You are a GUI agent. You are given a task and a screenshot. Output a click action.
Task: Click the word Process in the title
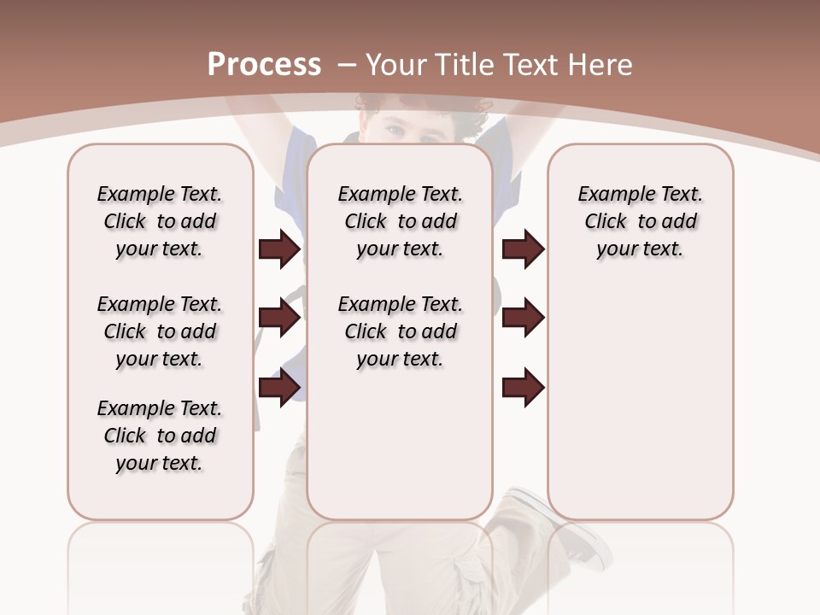click(x=264, y=64)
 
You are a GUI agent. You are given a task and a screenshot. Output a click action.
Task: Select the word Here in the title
click(x=601, y=64)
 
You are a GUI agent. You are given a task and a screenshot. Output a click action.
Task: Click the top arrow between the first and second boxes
click(x=279, y=249)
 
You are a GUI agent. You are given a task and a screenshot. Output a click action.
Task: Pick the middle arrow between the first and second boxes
click(x=279, y=318)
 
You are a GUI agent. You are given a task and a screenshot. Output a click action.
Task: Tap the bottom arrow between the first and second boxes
click(x=279, y=387)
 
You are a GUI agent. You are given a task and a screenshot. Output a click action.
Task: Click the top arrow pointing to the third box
click(x=524, y=249)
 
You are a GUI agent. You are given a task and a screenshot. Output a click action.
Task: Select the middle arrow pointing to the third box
click(x=524, y=318)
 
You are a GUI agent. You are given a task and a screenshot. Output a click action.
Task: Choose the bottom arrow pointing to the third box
click(x=524, y=387)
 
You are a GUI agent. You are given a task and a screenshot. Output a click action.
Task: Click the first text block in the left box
click(x=160, y=221)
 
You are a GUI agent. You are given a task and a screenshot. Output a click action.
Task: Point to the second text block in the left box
click(x=160, y=331)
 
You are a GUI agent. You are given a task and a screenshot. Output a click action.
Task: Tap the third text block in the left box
click(x=160, y=436)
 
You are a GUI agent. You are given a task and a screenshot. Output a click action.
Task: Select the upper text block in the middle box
click(x=400, y=221)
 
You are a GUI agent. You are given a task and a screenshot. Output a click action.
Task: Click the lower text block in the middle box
click(x=400, y=331)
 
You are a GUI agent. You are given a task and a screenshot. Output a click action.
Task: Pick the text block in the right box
click(x=640, y=221)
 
